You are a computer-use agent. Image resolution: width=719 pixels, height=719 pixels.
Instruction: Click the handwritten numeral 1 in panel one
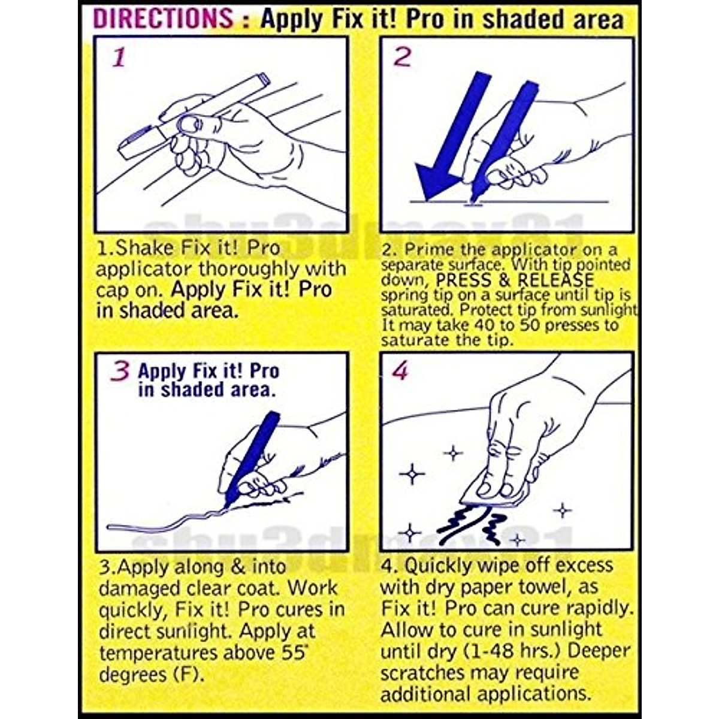119,58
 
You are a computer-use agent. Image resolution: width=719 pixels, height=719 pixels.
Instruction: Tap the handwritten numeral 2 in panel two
401,57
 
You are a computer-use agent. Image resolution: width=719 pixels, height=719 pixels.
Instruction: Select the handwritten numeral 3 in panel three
120,371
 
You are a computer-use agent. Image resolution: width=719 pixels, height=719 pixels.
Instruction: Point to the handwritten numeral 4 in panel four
400,371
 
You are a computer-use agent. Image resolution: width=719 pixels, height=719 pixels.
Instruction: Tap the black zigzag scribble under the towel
473,525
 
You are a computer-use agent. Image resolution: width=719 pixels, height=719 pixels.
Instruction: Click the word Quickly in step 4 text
442,565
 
